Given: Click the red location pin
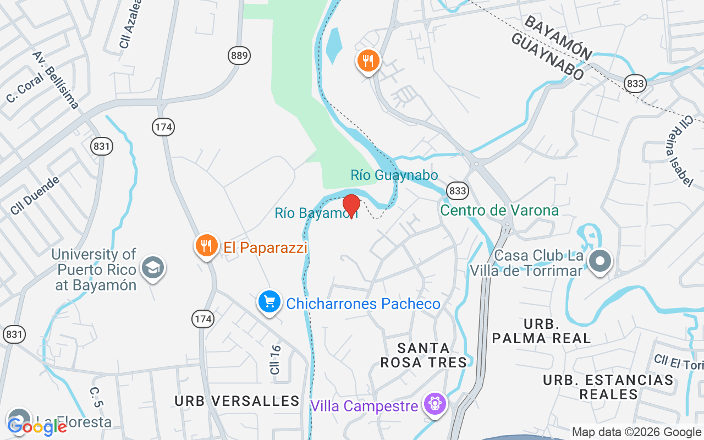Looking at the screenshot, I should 351,206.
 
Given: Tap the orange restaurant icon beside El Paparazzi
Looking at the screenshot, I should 207,246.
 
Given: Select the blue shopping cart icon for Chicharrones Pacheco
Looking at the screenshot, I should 269,302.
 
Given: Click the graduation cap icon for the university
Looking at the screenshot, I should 152,267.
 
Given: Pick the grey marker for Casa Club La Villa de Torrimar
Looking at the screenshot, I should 600,260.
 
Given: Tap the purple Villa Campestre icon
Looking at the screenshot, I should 435,404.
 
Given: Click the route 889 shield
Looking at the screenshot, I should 239,55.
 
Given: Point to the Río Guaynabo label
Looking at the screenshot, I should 394,175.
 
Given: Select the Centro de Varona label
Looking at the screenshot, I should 499,211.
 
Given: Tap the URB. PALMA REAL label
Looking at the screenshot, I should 541,331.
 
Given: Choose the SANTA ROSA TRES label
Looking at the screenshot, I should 432,355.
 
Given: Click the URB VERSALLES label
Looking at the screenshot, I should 237,401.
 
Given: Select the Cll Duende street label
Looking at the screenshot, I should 35,195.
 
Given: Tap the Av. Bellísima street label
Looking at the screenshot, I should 56,80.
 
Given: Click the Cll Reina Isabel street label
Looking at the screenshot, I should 680,151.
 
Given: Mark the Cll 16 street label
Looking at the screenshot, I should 276,360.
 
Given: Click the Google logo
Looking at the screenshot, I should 37,426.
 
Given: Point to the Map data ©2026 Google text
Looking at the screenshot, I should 636,432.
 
